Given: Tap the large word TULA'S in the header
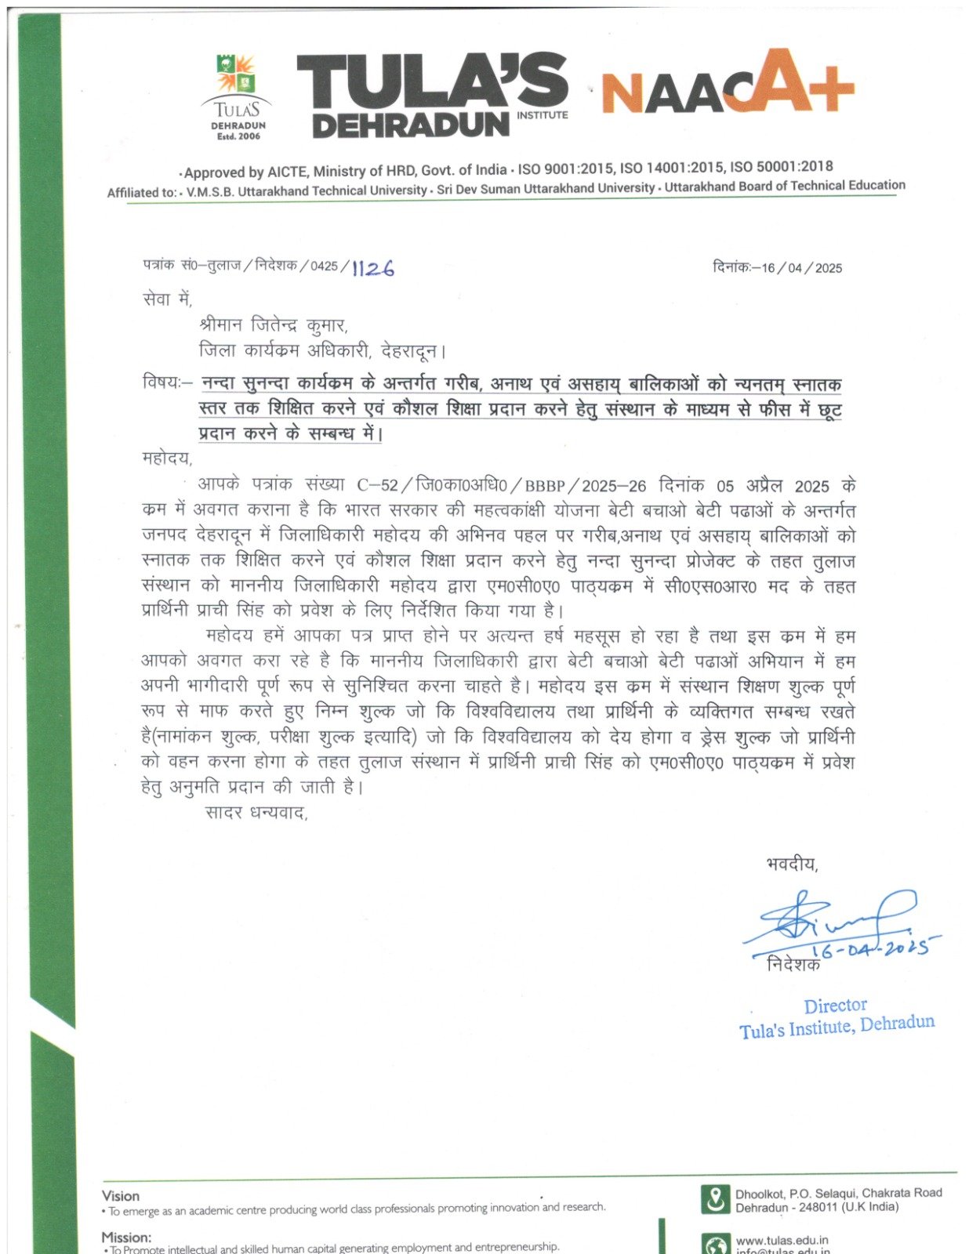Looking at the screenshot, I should [x=431, y=82].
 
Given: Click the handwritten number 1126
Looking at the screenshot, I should [x=373, y=269].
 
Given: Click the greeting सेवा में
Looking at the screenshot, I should [x=167, y=299].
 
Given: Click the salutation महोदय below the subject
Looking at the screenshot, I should [x=166, y=458].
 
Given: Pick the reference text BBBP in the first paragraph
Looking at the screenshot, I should [x=545, y=486].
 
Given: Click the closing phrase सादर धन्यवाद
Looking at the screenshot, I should [x=256, y=813].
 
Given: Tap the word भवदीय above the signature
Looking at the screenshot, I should [x=792, y=865].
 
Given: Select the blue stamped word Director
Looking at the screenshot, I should [x=835, y=1006].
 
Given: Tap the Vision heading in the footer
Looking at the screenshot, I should [x=121, y=1196].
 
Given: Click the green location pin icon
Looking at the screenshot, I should [x=714, y=1200].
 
